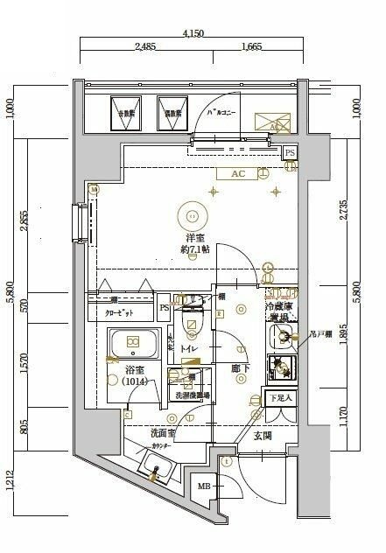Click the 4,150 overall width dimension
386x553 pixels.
[193, 34]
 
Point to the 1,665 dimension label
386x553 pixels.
[253, 47]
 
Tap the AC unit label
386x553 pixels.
[237, 173]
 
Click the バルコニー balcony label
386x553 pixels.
[222, 113]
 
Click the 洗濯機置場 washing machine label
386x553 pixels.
[192, 395]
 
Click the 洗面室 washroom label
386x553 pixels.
[140, 431]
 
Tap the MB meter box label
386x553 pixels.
[203, 486]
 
